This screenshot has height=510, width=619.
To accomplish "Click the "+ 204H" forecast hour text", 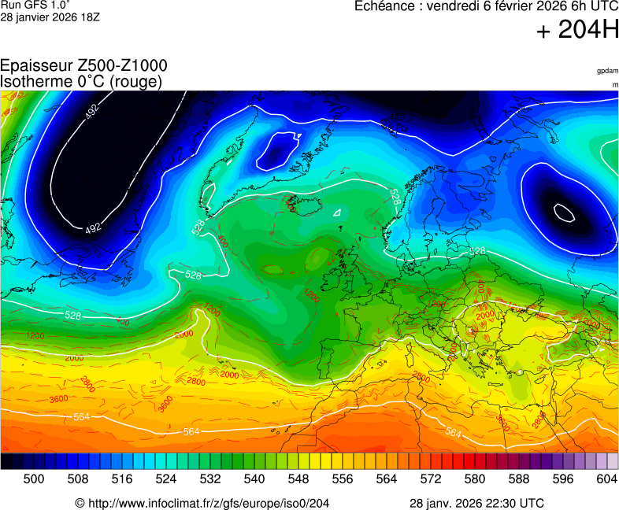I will point(577,31).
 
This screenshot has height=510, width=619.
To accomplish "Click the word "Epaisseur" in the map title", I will point(36,66).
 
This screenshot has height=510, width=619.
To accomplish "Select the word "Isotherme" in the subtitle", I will point(35,81).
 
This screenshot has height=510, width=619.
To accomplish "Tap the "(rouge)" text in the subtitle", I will point(137,81).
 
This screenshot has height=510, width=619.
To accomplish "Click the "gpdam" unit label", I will point(607,71).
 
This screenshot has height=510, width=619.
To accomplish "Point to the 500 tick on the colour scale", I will point(33,479).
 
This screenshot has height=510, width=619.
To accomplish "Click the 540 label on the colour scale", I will point(254,479).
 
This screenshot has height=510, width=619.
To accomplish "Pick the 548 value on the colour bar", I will point(298,479).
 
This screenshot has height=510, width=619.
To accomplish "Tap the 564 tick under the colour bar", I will point(386,479).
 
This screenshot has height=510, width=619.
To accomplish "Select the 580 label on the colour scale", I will point(474,479).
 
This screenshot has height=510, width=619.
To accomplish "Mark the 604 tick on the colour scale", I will point(606,479).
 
